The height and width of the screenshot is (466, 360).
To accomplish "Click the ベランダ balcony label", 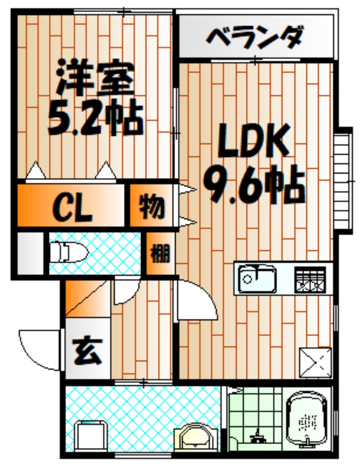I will pyautogui.click(x=255, y=37).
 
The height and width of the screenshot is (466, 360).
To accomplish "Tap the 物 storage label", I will pyautogui.click(x=151, y=206).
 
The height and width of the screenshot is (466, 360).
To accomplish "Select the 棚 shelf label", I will pyautogui.click(x=160, y=254).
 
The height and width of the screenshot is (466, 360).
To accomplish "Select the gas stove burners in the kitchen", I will pyautogui.click(x=310, y=279).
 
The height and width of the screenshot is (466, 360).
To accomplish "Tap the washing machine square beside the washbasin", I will pyautogui.click(x=91, y=435).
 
